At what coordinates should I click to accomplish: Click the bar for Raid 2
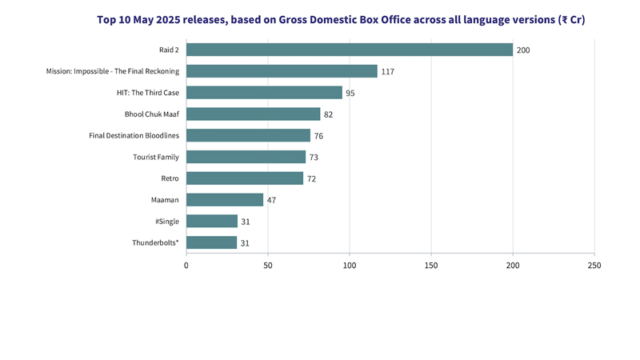(x=349, y=50)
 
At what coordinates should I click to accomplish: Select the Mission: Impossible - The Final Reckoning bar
(x=282, y=71)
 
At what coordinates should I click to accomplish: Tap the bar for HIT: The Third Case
(x=264, y=93)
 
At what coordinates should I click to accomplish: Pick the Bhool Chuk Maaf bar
(x=253, y=114)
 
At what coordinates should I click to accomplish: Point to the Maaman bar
(x=225, y=199)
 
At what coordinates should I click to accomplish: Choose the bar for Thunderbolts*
(x=211, y=242)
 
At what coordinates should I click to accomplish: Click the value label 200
(x=523, y=50)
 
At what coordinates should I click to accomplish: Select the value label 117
(x=388, y=72)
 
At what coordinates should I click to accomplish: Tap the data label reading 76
(x=318, y=136)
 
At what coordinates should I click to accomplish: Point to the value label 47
(x=271, y=200)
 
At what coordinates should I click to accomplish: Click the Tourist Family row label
(x=156, y=157)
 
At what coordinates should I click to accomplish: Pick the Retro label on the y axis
(x=170, y=178)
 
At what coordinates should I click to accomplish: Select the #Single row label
(x=166, y=221)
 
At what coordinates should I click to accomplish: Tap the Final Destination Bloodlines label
(x=134, y=135)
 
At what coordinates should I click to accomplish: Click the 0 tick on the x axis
(x=186, y=265)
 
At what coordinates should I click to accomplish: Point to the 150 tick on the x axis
(x=431, y=265)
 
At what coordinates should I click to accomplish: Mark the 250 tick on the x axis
(x=594, y=265)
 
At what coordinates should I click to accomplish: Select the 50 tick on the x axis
(x=268, y=265)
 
